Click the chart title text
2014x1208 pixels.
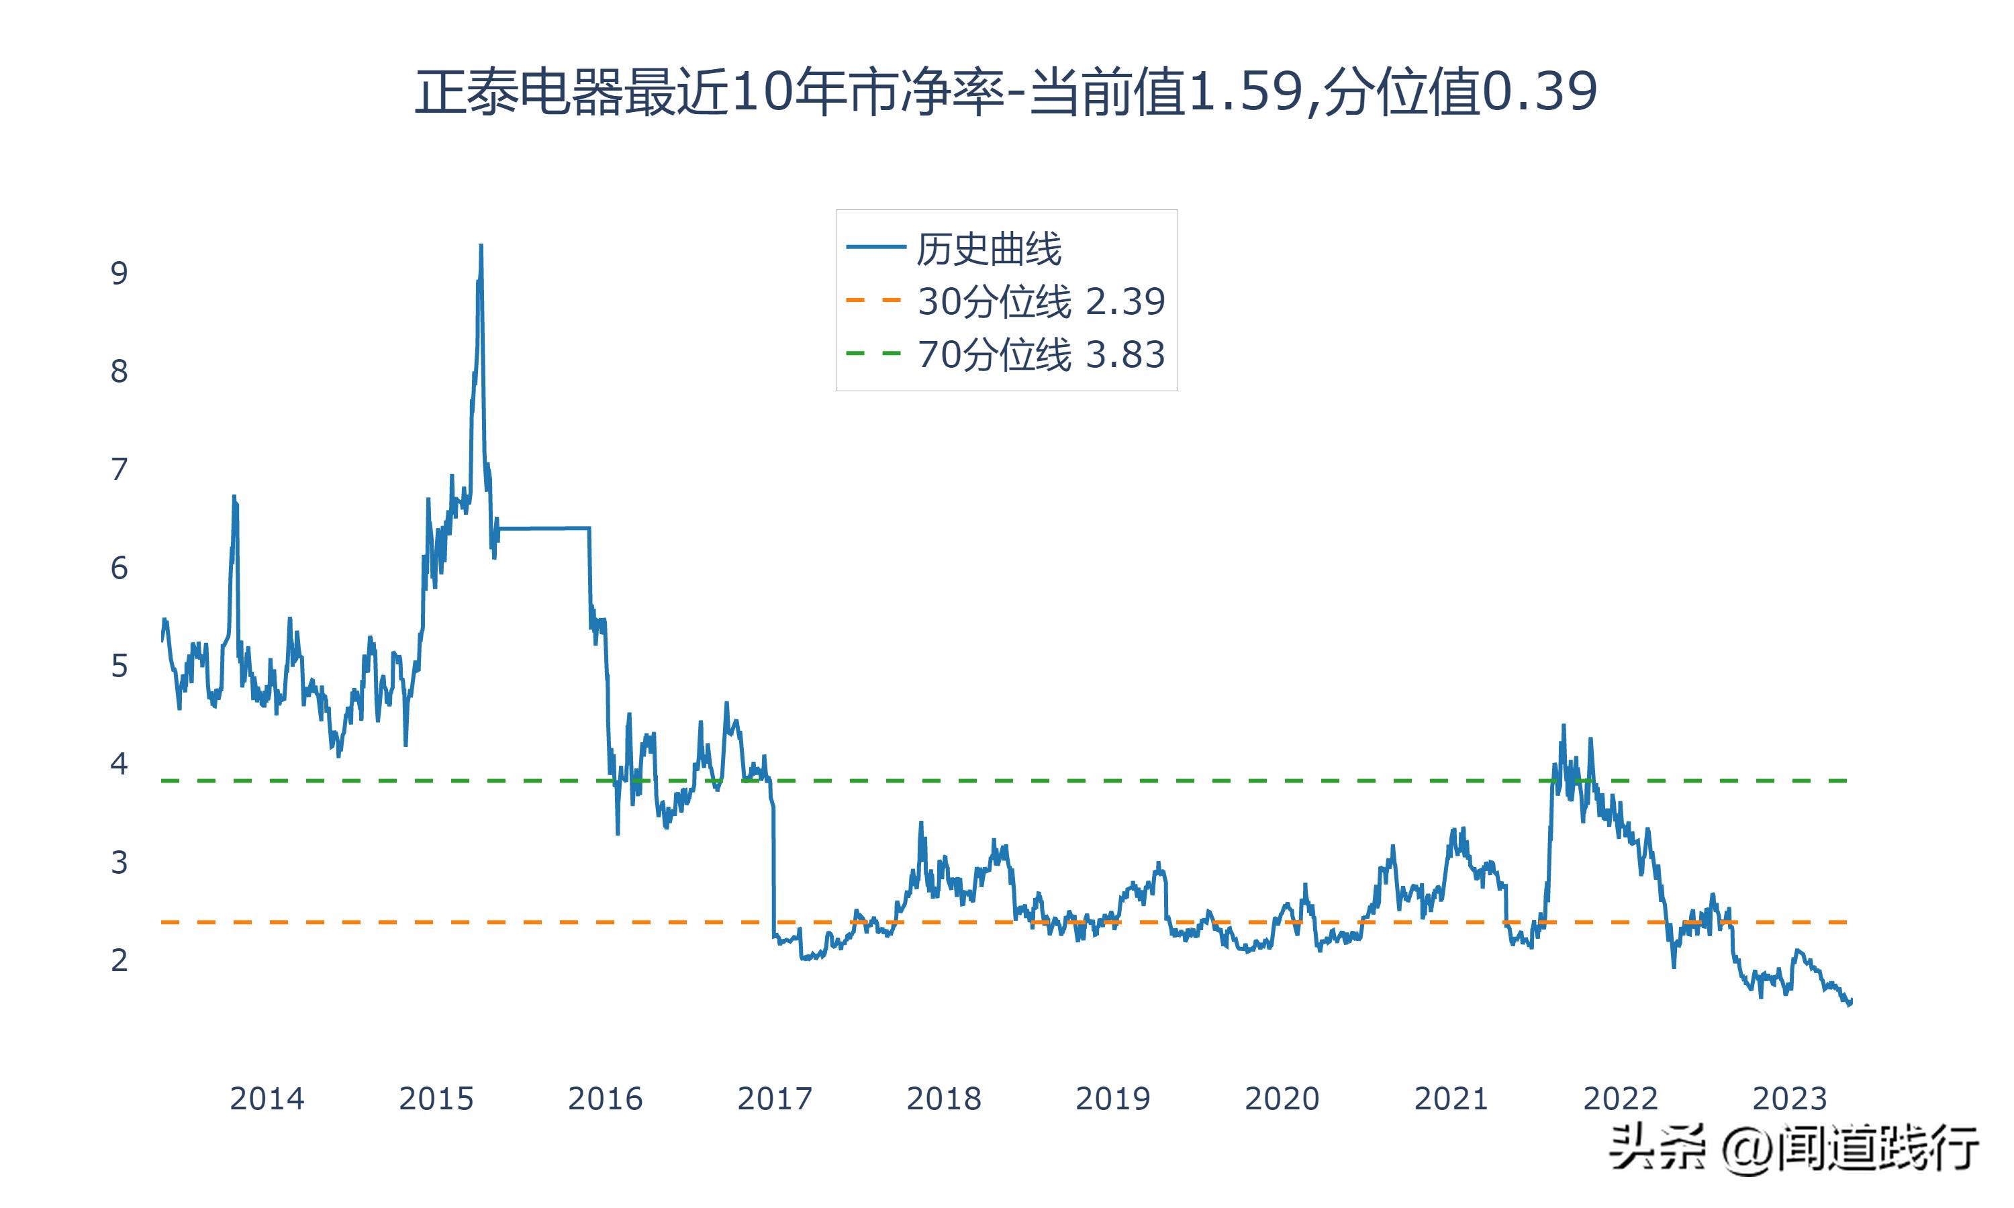(1006, 91)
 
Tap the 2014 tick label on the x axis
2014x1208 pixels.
(267, 1099)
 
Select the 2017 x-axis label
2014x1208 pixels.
(774, 1099)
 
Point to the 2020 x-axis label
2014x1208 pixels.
(1282, 1099)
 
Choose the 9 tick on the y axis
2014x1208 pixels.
(119, 274)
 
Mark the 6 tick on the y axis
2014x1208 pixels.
(119, 568)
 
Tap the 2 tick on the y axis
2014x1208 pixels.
(119, 960)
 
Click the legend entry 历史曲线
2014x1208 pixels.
(988, 248)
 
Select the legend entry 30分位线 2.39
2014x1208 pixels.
(1041, 301)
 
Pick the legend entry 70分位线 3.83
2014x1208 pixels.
(1041, 354)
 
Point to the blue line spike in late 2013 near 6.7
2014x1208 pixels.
(234, 497)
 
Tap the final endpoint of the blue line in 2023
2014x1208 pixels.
(1850, 1001)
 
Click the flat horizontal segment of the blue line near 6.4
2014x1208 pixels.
(544, 528)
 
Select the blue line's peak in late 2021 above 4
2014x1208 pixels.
(1563, 727)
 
